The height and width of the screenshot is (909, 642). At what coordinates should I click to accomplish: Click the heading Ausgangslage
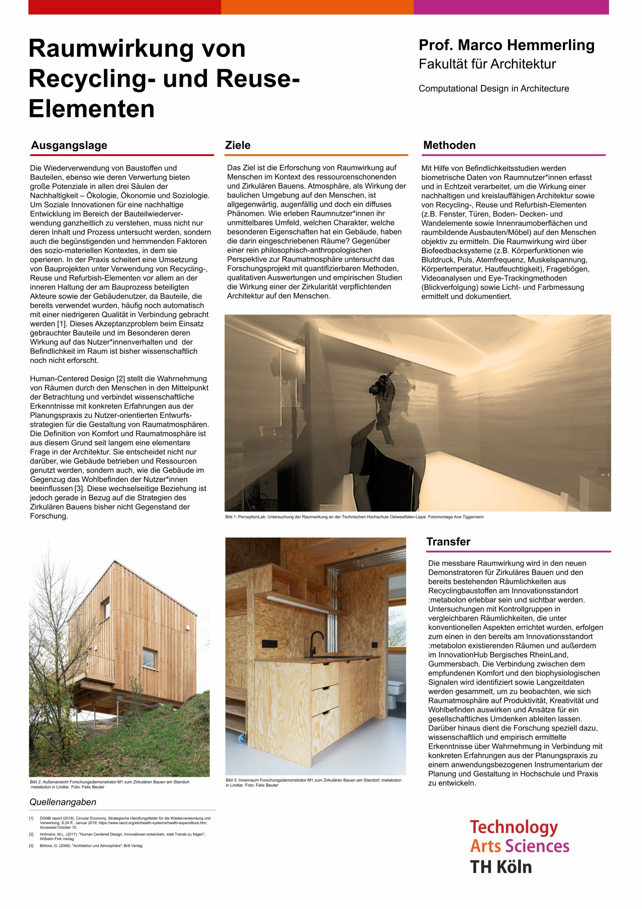pos(69,145)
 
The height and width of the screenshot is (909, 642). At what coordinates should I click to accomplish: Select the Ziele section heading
pos(238,145)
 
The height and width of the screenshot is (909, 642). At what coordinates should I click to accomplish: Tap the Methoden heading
pos(449,145)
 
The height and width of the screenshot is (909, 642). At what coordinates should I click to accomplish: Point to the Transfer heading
pos(448,541)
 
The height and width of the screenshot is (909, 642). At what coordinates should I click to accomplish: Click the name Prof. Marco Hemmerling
pos(506,45)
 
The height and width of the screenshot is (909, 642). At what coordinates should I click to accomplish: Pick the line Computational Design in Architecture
pos(494,89)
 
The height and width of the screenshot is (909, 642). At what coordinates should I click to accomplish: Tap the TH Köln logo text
pos(501,867)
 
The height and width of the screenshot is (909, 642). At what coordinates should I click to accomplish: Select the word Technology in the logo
pos(514,827)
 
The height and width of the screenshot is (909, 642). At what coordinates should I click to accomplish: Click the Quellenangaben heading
pos(63,802)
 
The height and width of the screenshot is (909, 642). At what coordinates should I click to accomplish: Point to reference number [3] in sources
pos(31,846)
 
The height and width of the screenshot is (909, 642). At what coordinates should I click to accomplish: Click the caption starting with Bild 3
pos(313,782)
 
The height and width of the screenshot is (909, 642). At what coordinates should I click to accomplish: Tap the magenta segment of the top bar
pos(511,7)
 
